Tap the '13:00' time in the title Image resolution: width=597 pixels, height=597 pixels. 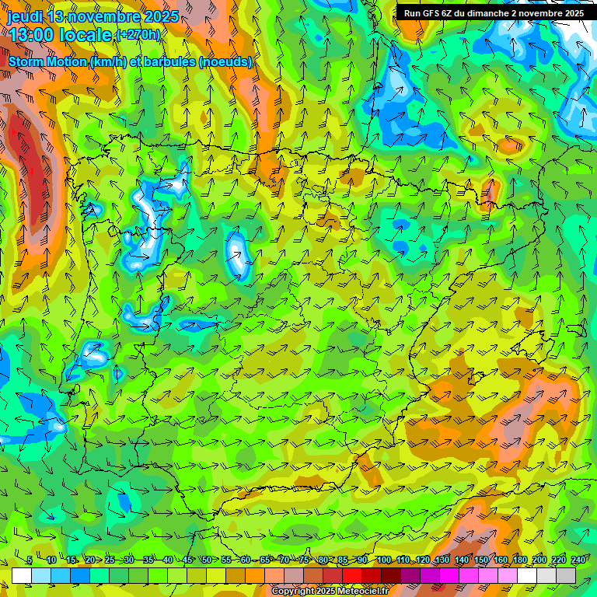pyautogui.click(x=30, y=35)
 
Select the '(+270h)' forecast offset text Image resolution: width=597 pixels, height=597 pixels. pyautogui.click(x=138, y=35)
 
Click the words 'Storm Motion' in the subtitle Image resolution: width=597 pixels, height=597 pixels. pyautogui.click(x=47, y=61)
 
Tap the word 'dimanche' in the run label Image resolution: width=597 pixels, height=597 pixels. pyautogui.click(x=487, y=13)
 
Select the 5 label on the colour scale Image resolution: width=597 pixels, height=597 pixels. pyautogui.click(x=30, y=560)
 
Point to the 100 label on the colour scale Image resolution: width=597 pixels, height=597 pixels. pyautogui.click(x=384, y=560)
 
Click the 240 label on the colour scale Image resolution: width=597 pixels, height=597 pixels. pyautogui.click(x=578, y=560)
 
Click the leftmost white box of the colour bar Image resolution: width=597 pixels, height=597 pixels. pyautogui.click(x=22, y=575)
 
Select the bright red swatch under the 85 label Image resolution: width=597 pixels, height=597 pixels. pyautogui.click(x=352, y=575)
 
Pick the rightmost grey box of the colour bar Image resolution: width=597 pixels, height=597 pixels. pyautogui.click(x=566, y=575)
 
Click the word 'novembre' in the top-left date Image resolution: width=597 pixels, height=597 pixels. pyautogui.click(x=101, y=16)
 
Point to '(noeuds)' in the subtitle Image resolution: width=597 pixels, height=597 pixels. pyautogui.click(x=225, y=61)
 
